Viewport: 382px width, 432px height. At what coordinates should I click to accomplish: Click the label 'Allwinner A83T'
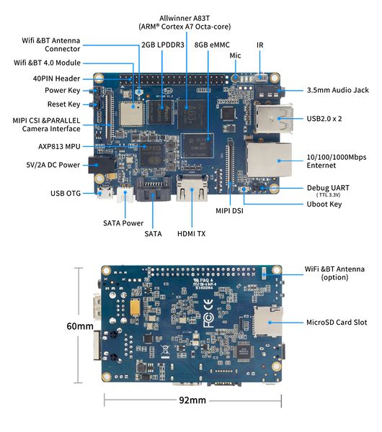(x=185, y=18)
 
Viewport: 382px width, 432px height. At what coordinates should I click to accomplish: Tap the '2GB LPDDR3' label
(x=163, y=45)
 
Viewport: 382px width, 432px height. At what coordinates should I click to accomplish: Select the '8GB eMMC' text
(x=212, y=45)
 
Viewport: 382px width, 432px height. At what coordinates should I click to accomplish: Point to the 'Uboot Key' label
(x=324, y=204)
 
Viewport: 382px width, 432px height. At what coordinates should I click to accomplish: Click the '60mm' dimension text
(x=80, y=326)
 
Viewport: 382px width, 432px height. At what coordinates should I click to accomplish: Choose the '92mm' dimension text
(x=192, y=400)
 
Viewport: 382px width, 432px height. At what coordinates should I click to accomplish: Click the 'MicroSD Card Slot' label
(x=337, y=323)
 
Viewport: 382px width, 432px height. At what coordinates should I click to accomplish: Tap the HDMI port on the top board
(x=192, y=189)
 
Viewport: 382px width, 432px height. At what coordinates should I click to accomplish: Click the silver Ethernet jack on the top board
(x=269, y=160)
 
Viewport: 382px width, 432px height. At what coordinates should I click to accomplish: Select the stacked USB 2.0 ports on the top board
(x=273, y=119)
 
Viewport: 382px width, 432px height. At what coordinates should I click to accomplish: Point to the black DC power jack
(x=101, y=165)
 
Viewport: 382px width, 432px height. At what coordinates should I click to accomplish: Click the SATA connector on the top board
(x=153, y=189)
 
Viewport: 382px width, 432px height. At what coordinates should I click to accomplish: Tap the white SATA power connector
(x=125, y=194)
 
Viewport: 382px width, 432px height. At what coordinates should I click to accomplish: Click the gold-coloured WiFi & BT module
(x=131, y=114)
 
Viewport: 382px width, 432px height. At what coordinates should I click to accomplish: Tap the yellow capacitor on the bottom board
(x=136, y=307)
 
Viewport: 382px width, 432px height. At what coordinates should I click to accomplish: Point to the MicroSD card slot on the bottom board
(x=268, y=321)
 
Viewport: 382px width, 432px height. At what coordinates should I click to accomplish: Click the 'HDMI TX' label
(x=192, y=234)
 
